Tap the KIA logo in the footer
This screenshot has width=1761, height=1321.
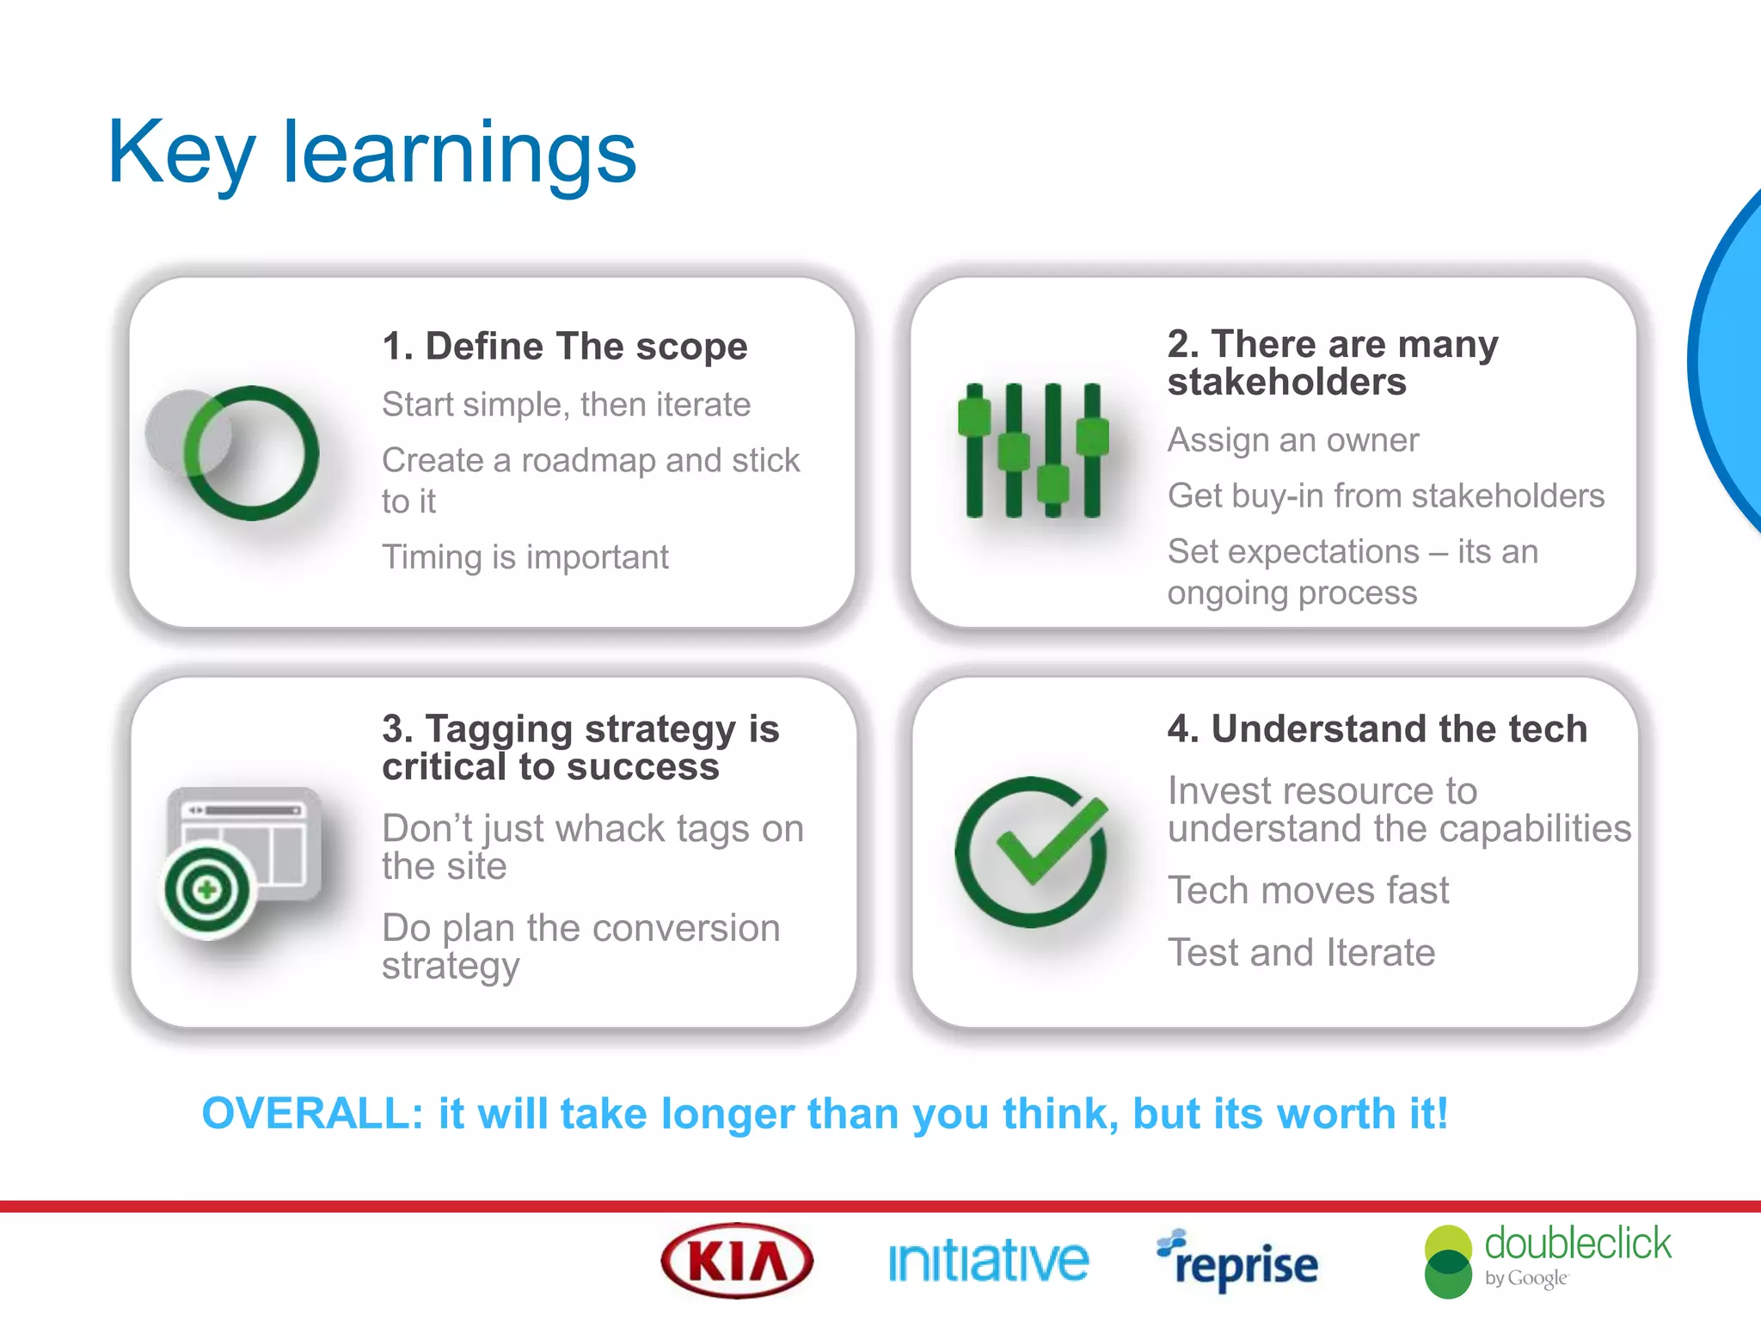(x=737, y=1261)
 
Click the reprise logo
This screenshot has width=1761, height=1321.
(x=1238, y=1263)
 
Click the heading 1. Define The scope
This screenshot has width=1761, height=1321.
(x=565, y=347)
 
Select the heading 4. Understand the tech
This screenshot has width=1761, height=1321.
(x=1377, y=728)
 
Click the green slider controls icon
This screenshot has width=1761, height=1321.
(x=1033, y=450)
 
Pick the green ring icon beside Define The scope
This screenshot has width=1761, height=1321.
(x=251, y=453)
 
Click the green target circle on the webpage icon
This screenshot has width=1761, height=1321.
(x=206, y=890)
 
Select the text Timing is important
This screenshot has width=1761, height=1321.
(x=525, y=557)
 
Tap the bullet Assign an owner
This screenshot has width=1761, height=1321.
(x=1292, y=440)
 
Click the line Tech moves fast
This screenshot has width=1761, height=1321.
(x=1308, y=890)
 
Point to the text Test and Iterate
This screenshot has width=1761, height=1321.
(x=1301, y=953)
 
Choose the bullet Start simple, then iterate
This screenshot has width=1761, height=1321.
(x=566, y=404)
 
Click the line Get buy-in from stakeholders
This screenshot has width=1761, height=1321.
(x=1385, y=496)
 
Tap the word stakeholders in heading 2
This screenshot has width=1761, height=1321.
(x=1286, y=383)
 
